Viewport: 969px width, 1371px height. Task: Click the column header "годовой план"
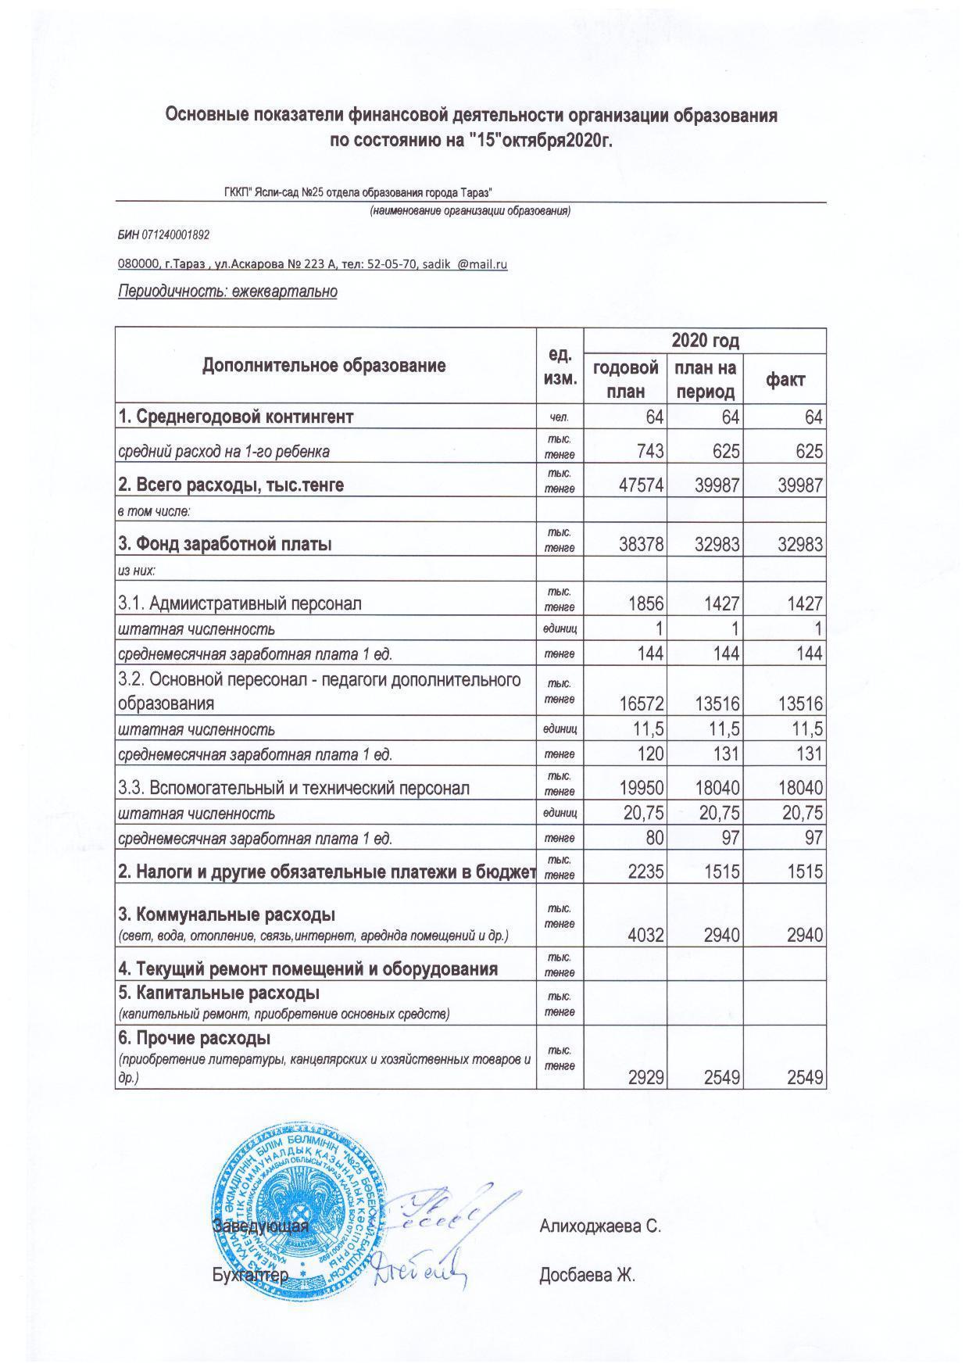(625, 379)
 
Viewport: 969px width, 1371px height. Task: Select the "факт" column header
(785, 380)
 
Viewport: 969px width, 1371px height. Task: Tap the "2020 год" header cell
(705, 341)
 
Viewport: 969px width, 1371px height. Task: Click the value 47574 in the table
(640, 485)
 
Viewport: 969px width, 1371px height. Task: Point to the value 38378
(640, 545)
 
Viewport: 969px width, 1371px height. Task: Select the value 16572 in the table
(640, 703)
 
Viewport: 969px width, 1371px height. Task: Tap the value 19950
(640, 788)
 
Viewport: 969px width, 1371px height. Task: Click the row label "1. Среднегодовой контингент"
(235, 417)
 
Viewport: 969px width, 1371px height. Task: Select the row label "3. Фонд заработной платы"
(224, 544)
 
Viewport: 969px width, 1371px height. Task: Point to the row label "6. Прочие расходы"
(195, 1039)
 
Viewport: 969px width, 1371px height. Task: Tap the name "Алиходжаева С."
(600, 1226)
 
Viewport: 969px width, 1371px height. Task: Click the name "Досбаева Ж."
(587, 1276)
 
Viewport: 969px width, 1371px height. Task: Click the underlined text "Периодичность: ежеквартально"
(227, 292)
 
